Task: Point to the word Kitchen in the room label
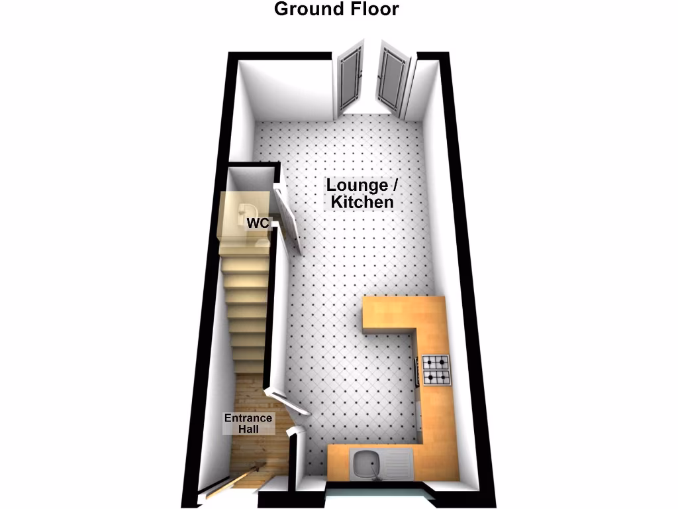(x=362, y=202)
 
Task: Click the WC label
(x=258, y=223)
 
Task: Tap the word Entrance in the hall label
(x=248, y=418)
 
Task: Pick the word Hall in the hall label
(x=248, y=429)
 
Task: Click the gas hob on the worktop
(x=436, y=370)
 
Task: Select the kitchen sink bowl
(x=366, y=463)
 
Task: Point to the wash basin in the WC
(x=242, y=212)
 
